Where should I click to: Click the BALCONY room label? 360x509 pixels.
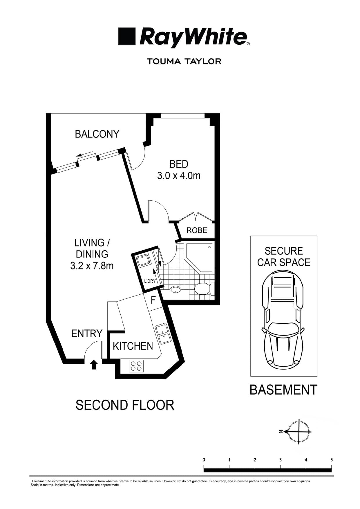click(x=97, y=134)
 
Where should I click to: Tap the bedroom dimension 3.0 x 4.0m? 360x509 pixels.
click(x=179, y=176)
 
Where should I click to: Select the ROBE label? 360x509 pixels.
click(x=197, y=231)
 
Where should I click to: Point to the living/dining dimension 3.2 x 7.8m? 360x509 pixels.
click(x=92, y=266)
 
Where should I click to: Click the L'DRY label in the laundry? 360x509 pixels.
click(x=150, y=281)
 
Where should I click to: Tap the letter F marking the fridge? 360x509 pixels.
click(x=153, y=300)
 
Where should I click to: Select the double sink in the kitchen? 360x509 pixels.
click(x=163, y=334)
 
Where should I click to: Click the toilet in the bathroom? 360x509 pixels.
click(x=202, y=289)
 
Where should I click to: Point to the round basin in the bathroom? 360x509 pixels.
click(x=176, y=289)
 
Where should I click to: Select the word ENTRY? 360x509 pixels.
click(x=87, y=334)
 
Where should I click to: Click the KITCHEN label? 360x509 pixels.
click(x=133, y=346)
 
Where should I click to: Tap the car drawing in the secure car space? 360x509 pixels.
click(x=283, y=319)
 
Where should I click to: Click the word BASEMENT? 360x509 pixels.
click(x=283, y=390)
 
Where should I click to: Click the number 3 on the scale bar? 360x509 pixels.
click(x=280, y=460)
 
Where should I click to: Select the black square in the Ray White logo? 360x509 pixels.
click(x=127, y=36)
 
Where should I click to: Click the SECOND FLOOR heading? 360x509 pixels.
click(x=125, y=405)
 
